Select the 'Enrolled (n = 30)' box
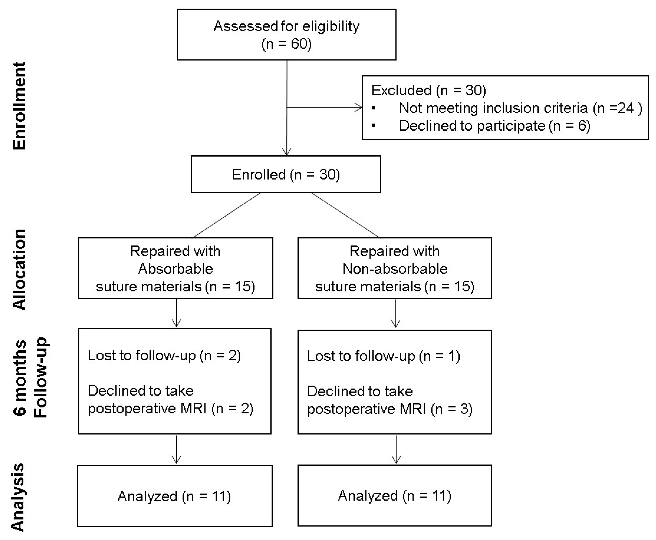(x=285, y=174)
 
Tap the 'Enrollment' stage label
(x=19, y=106)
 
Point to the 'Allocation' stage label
(x=19, y=269)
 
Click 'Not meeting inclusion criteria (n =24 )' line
(x=520, y=108)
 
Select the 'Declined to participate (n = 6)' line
(x=494, y=126)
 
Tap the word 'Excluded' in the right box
(x=401, y=90)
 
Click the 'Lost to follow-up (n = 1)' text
(x=383, y=356)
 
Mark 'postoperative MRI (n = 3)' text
(x=389, y=409)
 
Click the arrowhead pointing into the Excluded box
(x=359, y=108)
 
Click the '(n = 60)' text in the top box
(x=286, y=44)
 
